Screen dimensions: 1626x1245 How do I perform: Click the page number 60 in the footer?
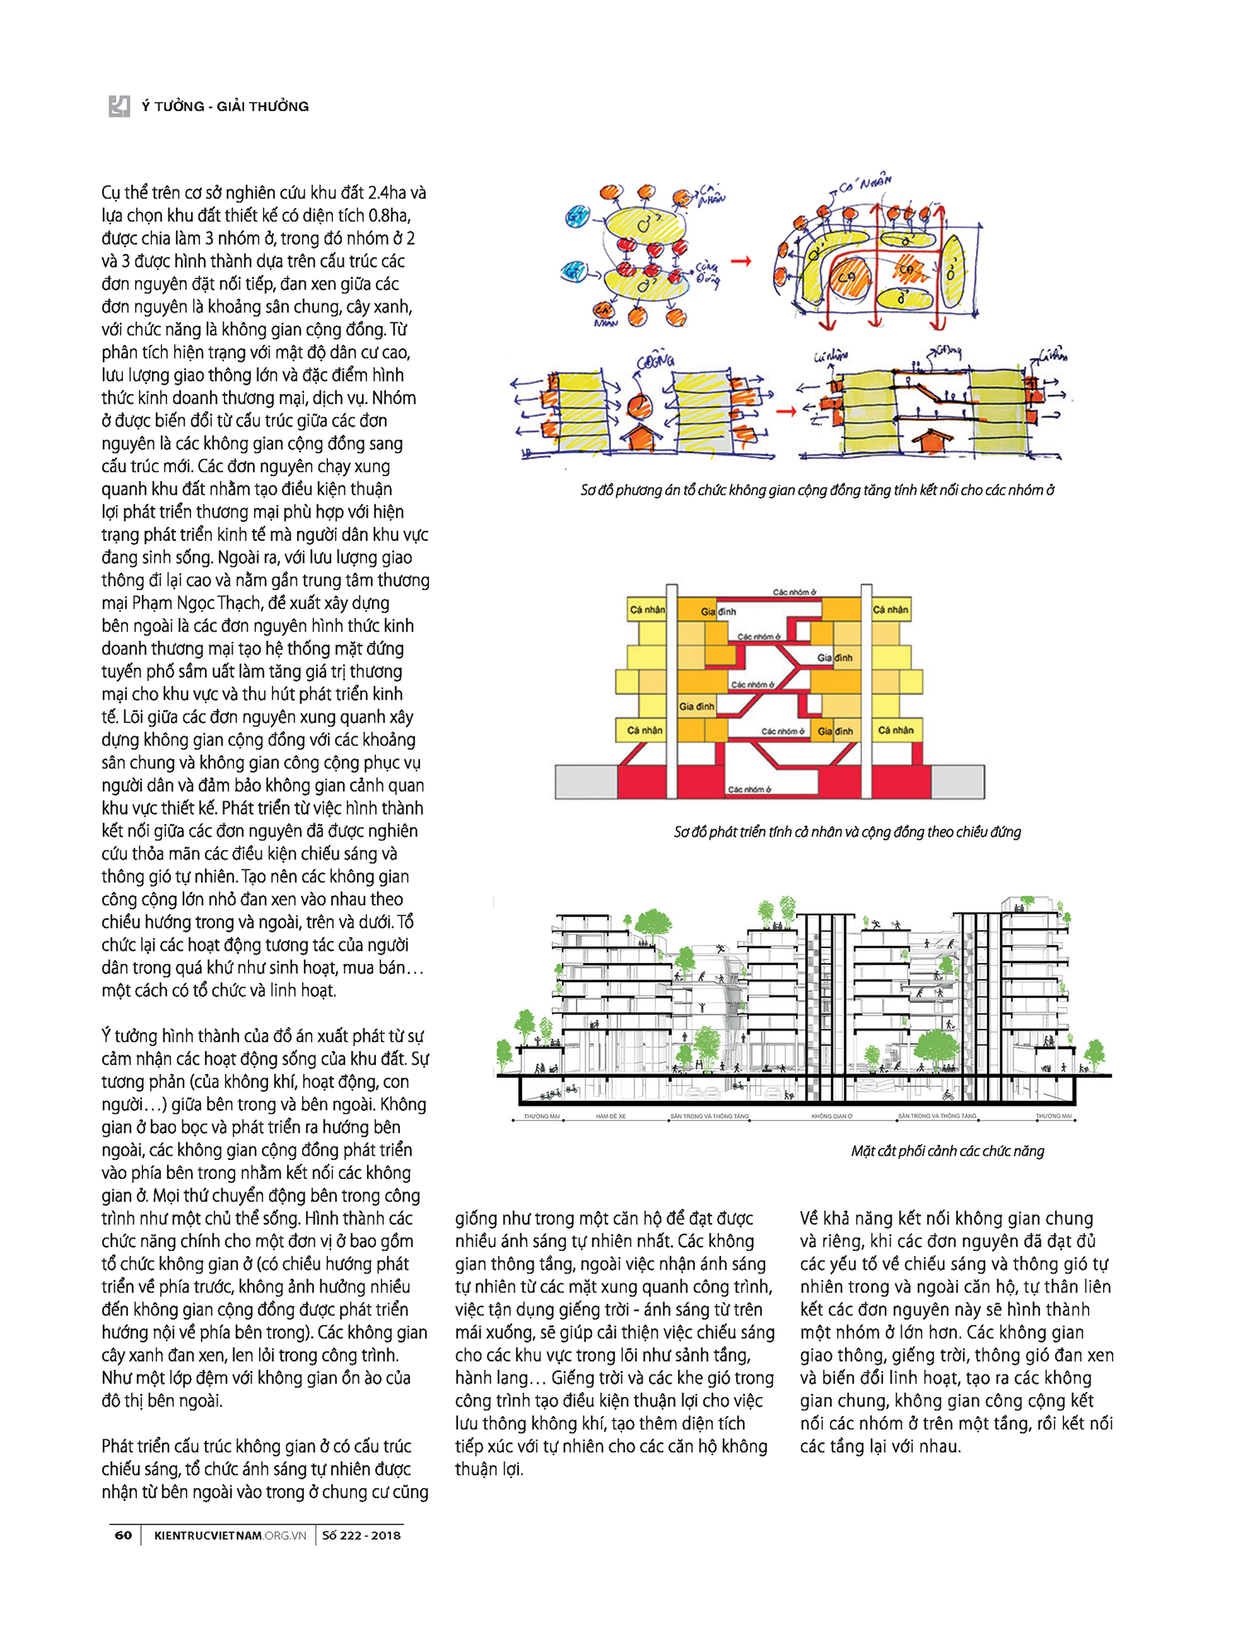[x=123, y=1535]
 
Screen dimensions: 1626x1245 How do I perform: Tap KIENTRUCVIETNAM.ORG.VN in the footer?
[x=230, y=1535]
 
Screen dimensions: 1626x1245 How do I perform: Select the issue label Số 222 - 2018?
[x=361, y=1535]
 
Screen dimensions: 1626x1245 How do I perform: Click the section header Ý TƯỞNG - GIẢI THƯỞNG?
[x=225, y=106]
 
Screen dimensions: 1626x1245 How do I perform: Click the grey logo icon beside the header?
[x=120, y=106]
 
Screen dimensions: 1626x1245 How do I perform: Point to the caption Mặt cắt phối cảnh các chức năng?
[x=947, y=1151]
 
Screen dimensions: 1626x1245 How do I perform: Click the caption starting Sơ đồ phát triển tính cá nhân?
[x=847, y=831]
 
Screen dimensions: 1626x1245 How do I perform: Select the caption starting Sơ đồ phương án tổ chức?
[x=817, y=489]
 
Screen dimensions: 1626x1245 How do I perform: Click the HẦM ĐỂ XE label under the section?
[x=611, y=1117]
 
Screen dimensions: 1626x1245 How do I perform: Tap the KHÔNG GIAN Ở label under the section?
[x=832, y=1117]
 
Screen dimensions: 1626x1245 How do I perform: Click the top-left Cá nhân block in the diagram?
[x=647, y=610]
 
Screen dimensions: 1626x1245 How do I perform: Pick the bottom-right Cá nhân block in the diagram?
[x=896, y=730]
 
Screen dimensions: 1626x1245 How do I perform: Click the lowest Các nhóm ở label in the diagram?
[x=749, y=789]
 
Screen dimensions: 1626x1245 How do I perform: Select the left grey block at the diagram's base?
[x=586, y=781]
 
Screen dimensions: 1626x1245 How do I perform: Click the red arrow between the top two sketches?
[x=741, y=261]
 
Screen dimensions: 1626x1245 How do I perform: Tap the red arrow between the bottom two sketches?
[x=785, y=411]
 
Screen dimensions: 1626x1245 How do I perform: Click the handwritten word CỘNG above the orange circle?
[x=656, y=362]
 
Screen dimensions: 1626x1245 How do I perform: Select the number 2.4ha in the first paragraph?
[x=386, y=192]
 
